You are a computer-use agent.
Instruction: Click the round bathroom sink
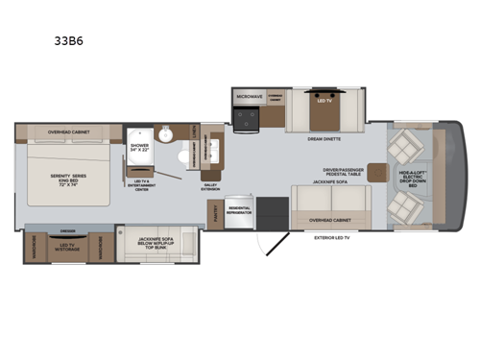(x=166, y=134)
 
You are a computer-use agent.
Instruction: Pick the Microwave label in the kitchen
(x=249, y=96)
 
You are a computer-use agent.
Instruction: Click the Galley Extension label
(x=211, y=187)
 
